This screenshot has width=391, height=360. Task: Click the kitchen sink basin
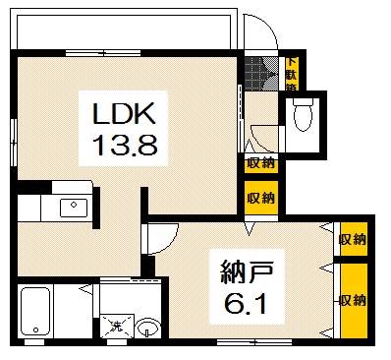[x=73, y=207]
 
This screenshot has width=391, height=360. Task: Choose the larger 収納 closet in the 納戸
[x=353, y=299]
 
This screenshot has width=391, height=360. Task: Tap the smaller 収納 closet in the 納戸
[x=352, y=238]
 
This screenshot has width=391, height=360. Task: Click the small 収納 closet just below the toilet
[x=260, y=163]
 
